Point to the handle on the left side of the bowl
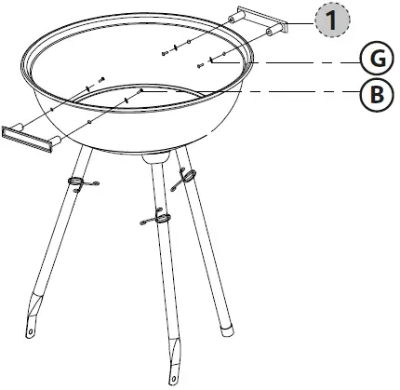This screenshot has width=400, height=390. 29,138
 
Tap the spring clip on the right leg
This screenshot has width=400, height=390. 189,174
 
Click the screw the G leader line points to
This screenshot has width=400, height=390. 202,64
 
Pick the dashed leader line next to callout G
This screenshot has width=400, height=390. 307,61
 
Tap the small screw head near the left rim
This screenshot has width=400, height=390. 101,77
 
